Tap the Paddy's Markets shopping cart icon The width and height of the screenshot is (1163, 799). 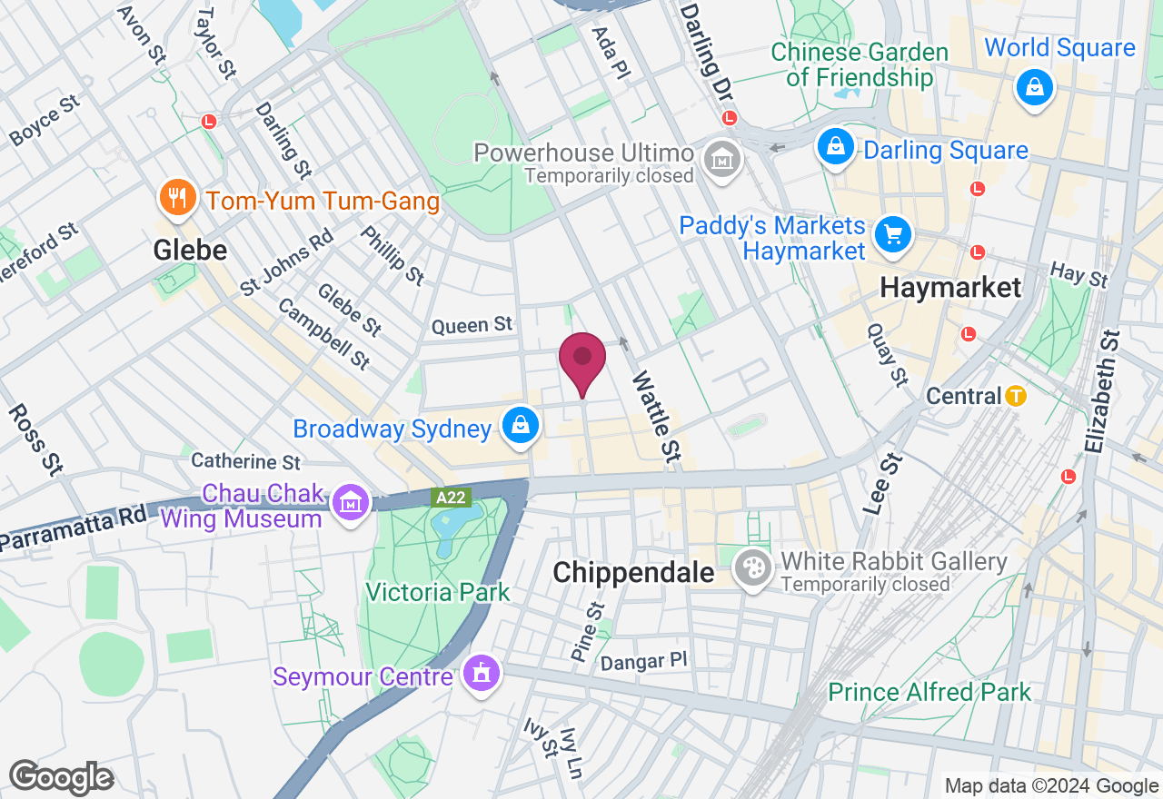(892, 236)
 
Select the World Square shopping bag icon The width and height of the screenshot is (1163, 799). (1035, 89)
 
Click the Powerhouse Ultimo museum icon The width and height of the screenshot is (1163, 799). (722, 161)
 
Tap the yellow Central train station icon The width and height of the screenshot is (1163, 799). (1016, 396)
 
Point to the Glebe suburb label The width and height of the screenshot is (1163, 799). (190, 249)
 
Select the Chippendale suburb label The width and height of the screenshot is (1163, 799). (633, 572)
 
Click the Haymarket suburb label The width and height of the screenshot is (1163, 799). (950, 288)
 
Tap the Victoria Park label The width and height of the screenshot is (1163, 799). (437, 593)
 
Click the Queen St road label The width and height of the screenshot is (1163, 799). (472, 325)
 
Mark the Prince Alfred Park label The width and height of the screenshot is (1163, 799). (929, 693)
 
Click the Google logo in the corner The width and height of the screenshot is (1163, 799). (61, 777)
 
